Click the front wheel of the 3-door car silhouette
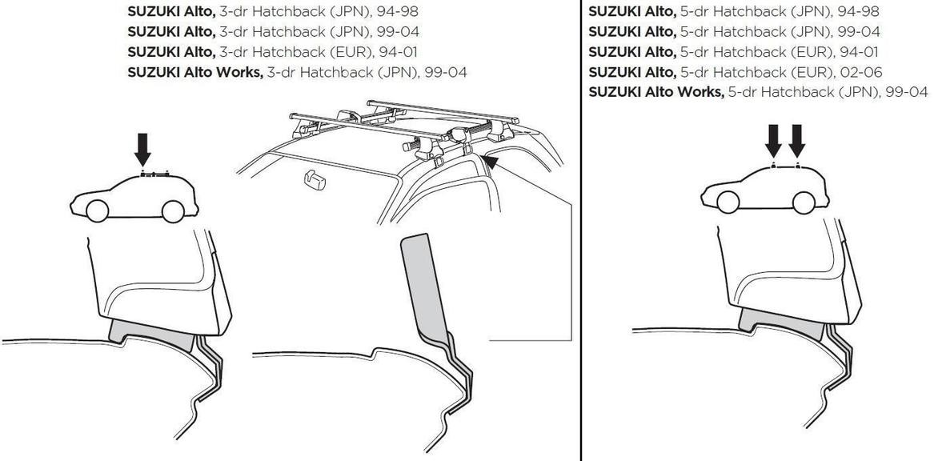point(97,210)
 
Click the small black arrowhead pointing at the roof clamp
point(490,162)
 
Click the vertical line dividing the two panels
point(581,240)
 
